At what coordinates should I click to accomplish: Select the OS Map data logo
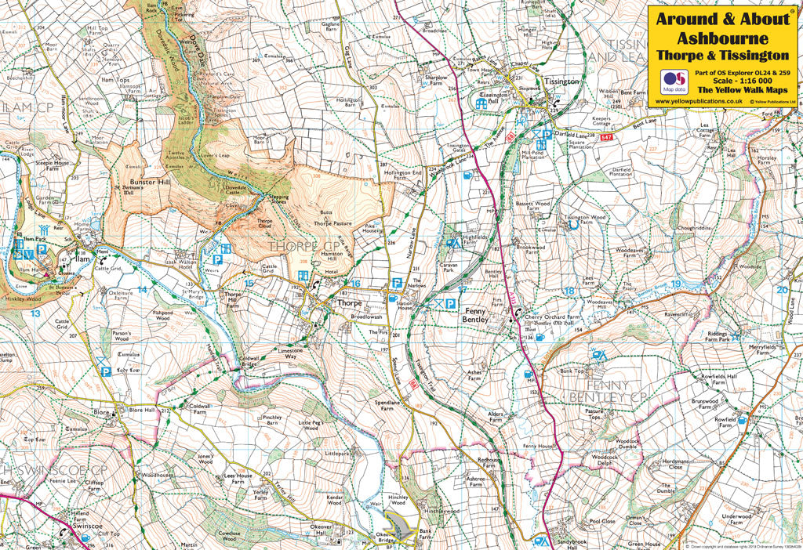[674, 82]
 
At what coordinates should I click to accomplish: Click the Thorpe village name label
[348, 302]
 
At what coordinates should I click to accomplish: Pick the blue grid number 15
[249, 284]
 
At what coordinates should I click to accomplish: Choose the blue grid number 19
[676, 284]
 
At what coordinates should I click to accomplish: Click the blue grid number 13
[35, 313]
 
